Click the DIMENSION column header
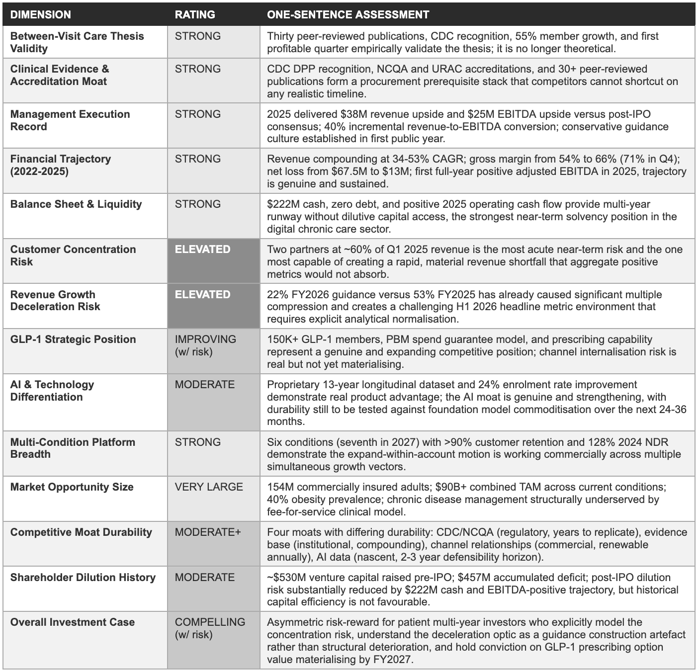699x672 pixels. [x=40, y=14]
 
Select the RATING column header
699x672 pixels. [x=195, y=14]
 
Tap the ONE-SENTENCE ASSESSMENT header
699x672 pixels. [x=348, y=14]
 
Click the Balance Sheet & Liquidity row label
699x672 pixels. [x=76, y=204]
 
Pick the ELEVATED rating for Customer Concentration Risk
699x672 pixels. [x=202, y=250]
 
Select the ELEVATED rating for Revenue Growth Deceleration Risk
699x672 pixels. [x=202, y=295]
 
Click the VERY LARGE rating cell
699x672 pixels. [x=209, y=487]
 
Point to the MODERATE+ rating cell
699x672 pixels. [x=207, y=532]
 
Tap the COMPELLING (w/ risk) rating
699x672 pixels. [x=210, y=628]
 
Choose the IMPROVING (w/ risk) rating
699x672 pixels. [x=205, y=345]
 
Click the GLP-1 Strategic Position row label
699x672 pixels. [x=73, y=339]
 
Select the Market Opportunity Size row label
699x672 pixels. [x=72, y=487]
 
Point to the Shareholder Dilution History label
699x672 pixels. [x=83, y=578]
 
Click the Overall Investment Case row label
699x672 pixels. [x=73, y=622]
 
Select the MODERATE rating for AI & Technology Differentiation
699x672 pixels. [x=204, y=385]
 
